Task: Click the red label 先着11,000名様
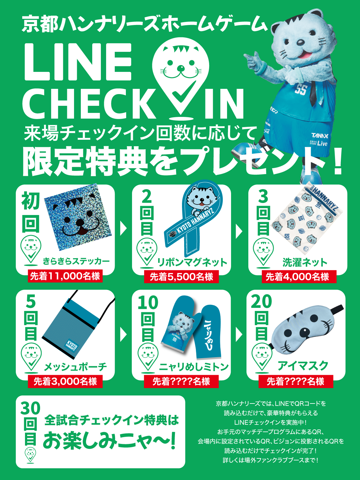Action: (x=65, y=276)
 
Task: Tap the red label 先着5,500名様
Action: (x=181, y=277)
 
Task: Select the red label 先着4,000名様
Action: (x=299, y=277)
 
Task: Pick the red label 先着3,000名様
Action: (x=65, y=382)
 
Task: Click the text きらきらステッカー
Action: (x=76, y=261)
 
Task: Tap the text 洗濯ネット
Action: (x=305, y=263)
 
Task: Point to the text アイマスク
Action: (x=303, y=366)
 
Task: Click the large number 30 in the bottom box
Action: (x=30, y=408)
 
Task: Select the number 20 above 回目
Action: (x=261, y=302)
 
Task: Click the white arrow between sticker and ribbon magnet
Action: (x=123, y=228)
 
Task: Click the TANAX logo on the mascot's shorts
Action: (x=320, y=136)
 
